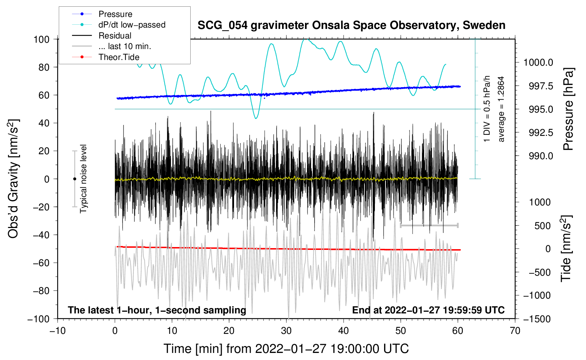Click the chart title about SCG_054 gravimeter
point(351,25)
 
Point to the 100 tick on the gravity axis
point(41,39)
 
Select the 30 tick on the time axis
point(286,331)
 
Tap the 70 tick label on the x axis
point(515,331)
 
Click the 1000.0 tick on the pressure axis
point(538,63)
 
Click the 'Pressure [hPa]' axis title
point(568,109)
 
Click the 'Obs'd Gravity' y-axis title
point(13,179)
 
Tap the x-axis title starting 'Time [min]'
point(286,349)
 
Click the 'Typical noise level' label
point(83,179)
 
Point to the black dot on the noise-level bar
point(74,179)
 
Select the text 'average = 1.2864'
point(501,109)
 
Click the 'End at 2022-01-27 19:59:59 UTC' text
point(428,310)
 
